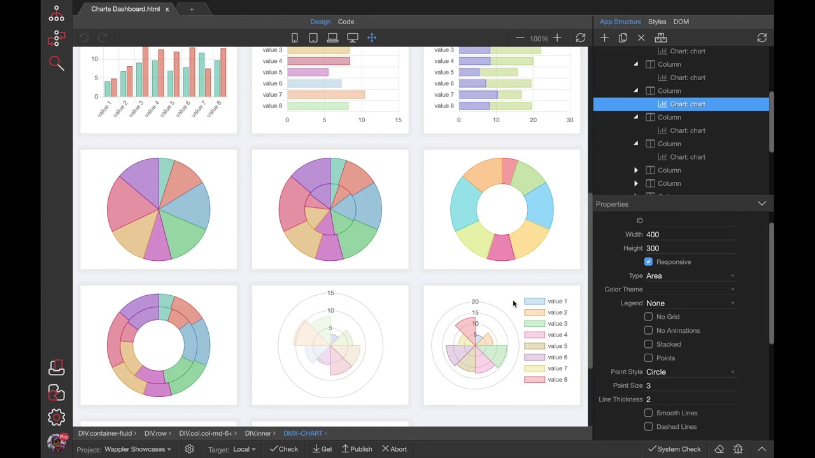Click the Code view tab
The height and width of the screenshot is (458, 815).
click(346, 22)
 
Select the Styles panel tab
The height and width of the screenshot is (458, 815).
click(657, 22)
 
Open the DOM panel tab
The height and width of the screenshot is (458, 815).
click(681, 22)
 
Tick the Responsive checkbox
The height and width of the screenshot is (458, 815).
click(648, 262)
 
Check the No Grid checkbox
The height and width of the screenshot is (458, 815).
click(648, 317)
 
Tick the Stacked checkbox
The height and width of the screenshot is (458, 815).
click(648, 344)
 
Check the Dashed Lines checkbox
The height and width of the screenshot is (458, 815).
click(648, 427)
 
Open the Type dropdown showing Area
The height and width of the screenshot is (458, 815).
click(690, 276)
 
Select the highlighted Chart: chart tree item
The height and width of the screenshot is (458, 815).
click(687, 104)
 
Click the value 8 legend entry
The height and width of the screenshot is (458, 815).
click(556, 380)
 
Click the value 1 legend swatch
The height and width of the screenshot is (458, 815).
click(534, 302)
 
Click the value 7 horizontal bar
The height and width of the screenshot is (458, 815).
click(325, 95)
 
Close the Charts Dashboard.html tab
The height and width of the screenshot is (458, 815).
click(167, 10)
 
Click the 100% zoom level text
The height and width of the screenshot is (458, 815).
click(539, 38)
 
